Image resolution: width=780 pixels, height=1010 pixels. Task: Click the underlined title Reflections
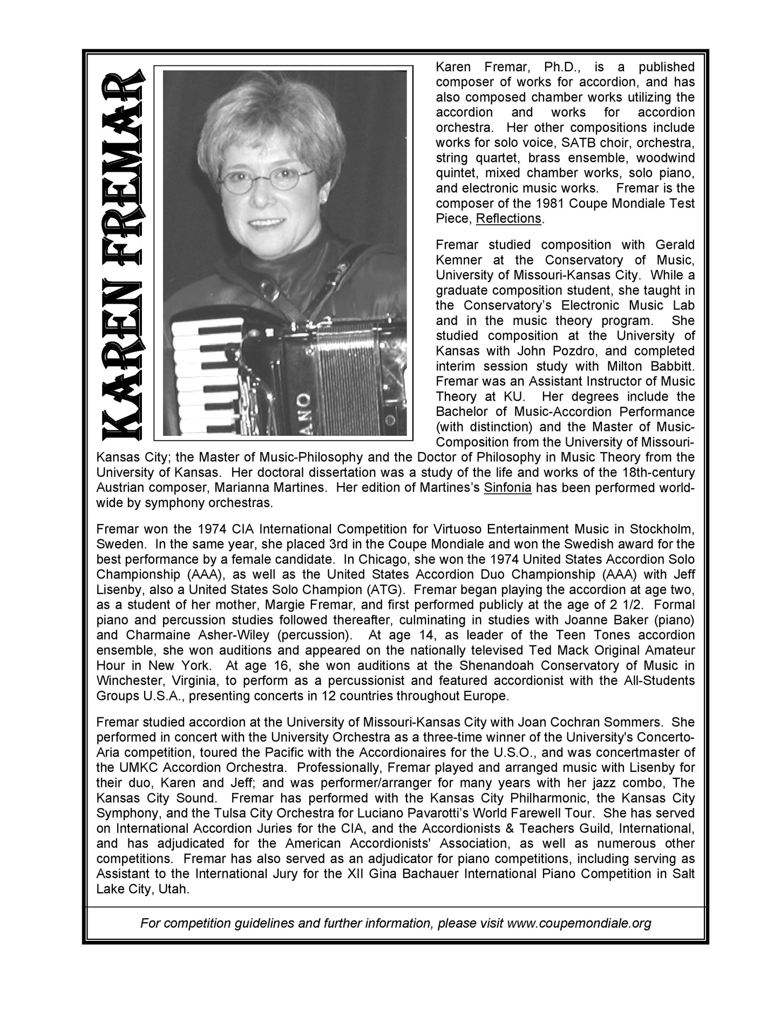(508, 219)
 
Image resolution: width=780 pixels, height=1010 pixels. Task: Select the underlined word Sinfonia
(507, 488)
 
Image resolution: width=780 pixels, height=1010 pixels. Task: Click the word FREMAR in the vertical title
(122, 173)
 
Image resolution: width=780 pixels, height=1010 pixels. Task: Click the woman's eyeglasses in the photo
(266, 179)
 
